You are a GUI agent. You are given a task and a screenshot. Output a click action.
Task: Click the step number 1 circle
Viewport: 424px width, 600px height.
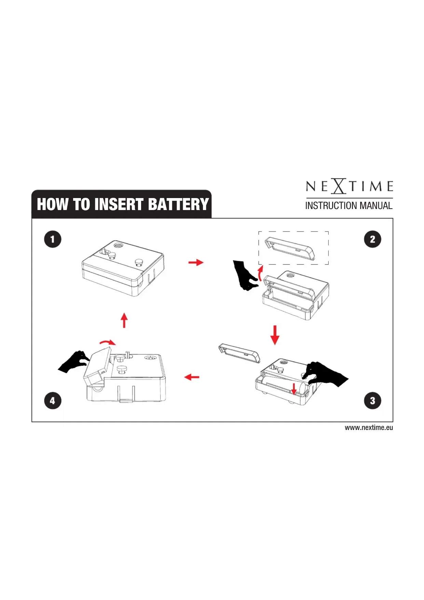53,239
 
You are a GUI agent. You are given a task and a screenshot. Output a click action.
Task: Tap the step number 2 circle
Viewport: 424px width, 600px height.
372,239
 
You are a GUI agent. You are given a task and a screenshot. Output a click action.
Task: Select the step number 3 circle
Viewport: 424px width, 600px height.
372,401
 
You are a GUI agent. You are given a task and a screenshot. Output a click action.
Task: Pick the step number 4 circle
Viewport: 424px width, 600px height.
53,401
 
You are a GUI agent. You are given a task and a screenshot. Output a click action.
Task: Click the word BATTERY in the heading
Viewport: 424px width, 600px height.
178,204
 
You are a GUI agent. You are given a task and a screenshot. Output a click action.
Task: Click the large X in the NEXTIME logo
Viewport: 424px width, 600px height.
339,186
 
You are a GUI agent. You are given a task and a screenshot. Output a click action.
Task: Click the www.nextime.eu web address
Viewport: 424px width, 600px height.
369,428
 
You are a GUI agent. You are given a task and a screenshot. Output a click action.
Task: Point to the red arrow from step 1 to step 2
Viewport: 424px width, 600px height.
196,262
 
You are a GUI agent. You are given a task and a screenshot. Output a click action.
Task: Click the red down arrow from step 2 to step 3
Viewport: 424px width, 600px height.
275,335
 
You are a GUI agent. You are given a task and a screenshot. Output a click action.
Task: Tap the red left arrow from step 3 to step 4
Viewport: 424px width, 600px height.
192,377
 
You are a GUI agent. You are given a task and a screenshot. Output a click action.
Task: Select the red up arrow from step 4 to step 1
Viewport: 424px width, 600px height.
124,320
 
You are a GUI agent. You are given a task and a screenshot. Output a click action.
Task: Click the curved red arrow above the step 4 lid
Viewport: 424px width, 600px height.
108,342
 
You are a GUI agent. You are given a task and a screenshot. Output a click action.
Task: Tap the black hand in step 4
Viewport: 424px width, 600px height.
74,362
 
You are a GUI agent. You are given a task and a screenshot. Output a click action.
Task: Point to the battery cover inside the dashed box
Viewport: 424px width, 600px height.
290,248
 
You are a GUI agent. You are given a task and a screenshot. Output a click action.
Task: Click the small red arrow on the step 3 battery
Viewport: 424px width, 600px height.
293,389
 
